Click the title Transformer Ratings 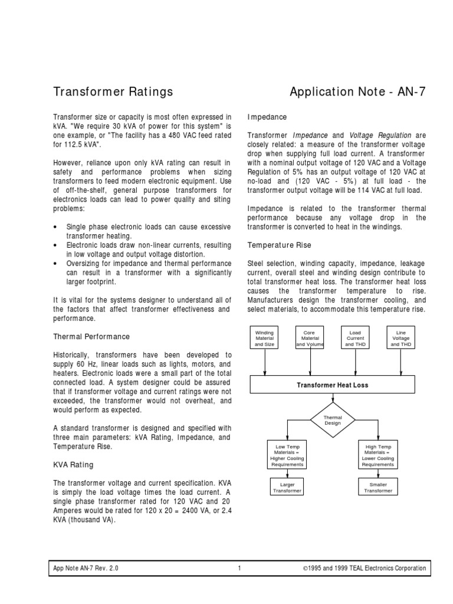click(113, 91)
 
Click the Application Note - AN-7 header click(357, 91)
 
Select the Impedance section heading click(267, 117)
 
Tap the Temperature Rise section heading click(279, 244)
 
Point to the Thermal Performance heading click(91, 336)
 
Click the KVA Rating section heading click(73, 465)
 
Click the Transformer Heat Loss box click(333, 385)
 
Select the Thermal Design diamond click(333, 420)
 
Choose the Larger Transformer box click(287, 487)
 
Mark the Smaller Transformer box click(378, 487)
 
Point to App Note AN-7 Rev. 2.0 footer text click(86, 569)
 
